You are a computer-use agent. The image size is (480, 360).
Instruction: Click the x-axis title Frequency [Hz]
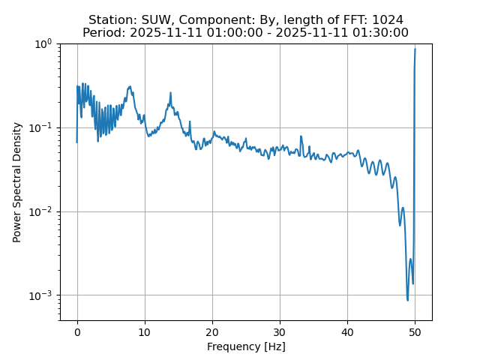(246, 346)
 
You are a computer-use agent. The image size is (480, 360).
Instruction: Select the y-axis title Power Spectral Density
(17, 182)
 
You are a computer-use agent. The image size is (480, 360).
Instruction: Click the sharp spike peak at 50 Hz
(415, 49)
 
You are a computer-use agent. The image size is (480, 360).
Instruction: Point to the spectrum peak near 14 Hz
(171, 93)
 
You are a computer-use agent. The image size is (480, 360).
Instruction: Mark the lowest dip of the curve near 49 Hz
(408, 300)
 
